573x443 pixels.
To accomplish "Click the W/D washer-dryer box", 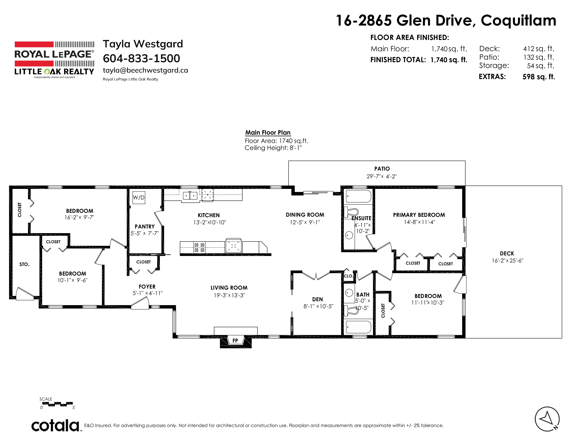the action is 139,198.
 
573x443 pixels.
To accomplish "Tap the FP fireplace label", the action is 235,341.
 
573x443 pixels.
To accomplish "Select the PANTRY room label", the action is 145,227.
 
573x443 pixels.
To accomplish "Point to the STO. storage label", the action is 24,264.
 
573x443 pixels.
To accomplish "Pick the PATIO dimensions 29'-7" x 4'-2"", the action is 381,176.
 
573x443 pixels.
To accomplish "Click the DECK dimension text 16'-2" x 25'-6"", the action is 507,261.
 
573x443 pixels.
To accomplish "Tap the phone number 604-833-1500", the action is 141,58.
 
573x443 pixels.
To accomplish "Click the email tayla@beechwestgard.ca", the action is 145,70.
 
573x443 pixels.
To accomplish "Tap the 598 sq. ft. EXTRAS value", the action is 539,77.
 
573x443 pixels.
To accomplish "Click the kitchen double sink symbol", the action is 190,195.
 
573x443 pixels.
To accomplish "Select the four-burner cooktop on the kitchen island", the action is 199,247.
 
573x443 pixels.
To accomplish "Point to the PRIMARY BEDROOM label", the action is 419,215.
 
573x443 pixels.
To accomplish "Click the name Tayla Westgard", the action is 143,44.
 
